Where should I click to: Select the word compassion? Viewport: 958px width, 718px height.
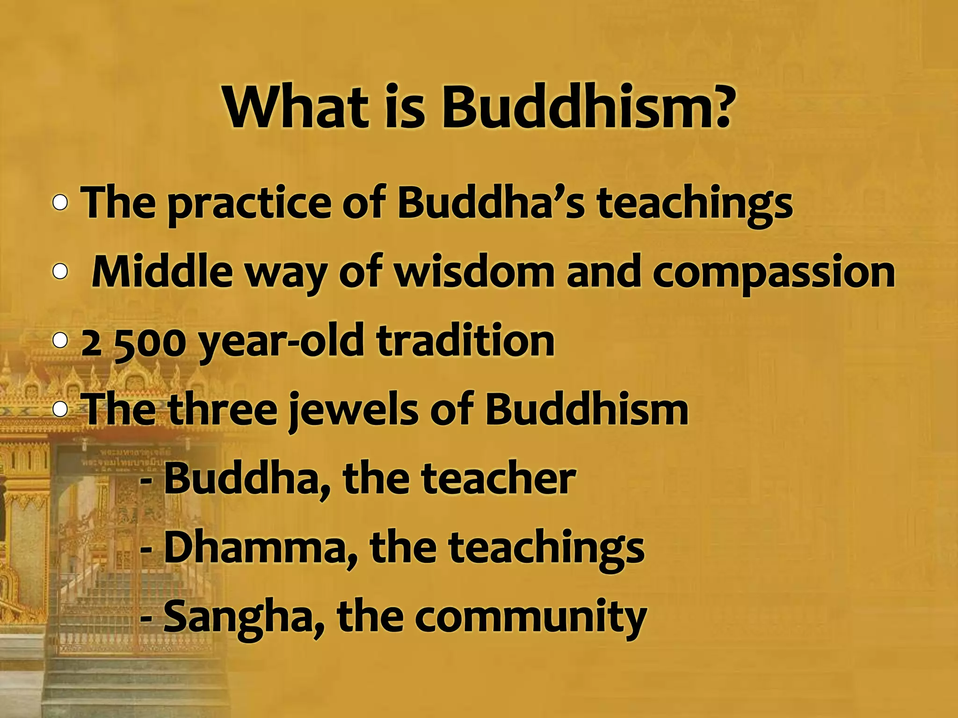click(x=774, y=273)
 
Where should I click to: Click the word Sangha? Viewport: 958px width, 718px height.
click(x=241, y=617)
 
